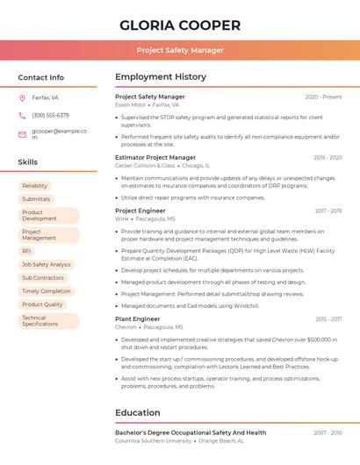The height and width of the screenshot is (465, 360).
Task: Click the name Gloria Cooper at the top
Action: coord(180,25)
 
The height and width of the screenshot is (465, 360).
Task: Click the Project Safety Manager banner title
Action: coord(180,50)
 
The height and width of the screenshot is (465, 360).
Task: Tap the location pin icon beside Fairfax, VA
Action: coord(22,97)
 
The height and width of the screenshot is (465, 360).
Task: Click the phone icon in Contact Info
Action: coord(22,115)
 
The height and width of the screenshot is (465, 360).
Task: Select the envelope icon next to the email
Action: coord(22,134)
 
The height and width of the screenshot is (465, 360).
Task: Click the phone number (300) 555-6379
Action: coord(50,115)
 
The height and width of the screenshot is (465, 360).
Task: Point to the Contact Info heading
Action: coord(40,77)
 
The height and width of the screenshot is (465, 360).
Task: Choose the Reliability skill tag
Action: coord(35,186)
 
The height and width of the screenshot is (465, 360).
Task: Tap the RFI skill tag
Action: coord(26,251)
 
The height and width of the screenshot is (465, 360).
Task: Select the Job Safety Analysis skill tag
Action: coord(46,264)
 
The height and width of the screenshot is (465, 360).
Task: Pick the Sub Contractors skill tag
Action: coord(43,278)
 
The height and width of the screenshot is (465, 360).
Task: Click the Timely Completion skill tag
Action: coord(47,291)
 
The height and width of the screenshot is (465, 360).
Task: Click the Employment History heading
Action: coord(161,77)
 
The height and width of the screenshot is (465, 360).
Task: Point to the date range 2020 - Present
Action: coord(323,97)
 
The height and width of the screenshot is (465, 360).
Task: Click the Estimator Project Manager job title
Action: coord(155,157)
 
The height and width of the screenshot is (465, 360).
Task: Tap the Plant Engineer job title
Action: coord(138,318)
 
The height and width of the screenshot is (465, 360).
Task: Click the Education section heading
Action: coord(138,412)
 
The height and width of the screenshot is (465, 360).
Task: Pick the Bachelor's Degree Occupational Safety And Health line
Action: coord(191,433)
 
